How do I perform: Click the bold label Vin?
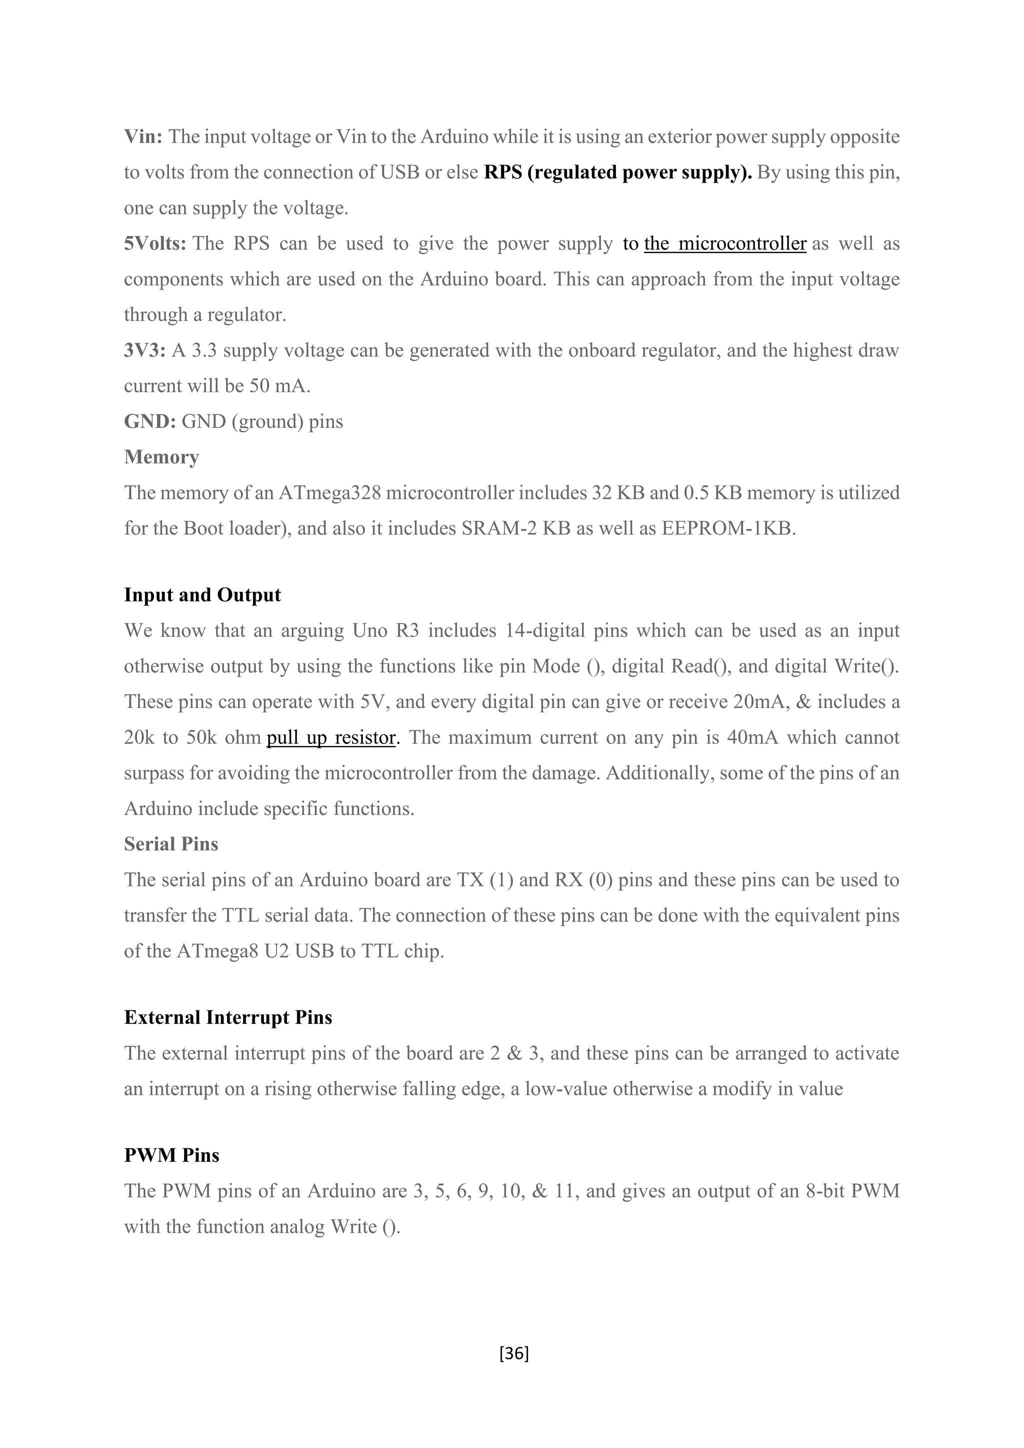click(143, 137)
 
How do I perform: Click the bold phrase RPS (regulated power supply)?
click(618, 172)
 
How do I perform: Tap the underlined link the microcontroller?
click(725, 243)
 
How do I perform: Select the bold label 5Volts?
click(154, 243)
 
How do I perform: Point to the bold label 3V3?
click(144, 350)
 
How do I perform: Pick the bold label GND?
click(149, 421)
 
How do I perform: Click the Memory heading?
click(161, 456)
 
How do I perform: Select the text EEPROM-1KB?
click(728, 528)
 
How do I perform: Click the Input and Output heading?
click(202, 594)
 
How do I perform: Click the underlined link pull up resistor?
click(331, 737)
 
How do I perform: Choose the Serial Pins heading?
click(171, 844)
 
